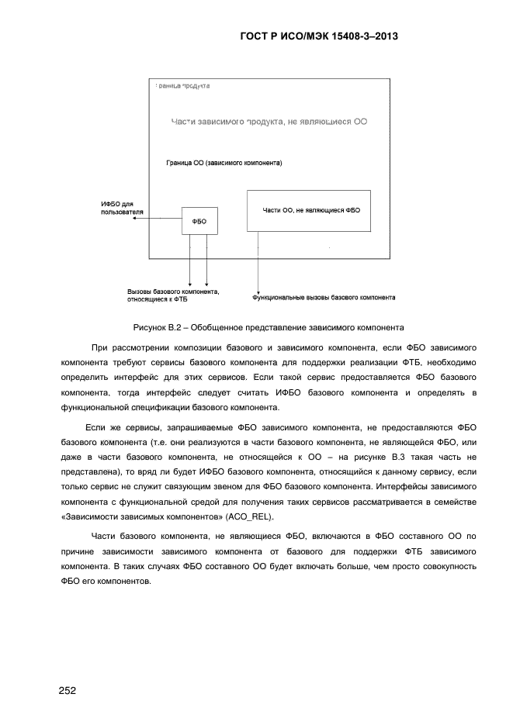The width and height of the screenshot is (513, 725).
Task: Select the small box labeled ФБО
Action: [x=199, y=221]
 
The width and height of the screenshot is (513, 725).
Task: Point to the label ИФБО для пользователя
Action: [x=117, y=208]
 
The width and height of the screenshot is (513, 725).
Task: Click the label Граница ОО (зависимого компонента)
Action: [x=224, y=164]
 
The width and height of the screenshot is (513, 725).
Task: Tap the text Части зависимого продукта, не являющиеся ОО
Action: [x=269, y=122]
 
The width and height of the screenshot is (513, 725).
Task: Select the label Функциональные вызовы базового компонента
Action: [x=324, y=297]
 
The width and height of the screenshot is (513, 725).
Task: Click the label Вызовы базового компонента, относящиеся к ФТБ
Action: [x=173, y=295]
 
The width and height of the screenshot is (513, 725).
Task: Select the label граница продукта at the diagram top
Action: [x=183, y=85]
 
